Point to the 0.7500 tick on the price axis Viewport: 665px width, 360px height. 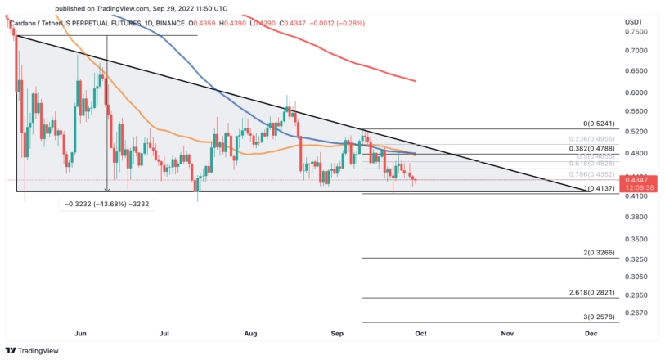(x=636, y=31)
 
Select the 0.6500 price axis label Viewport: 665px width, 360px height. (x=636, y=71)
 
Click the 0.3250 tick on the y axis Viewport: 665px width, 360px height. (x=636, y=259)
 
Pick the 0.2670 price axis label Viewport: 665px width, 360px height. (x=636, y=313)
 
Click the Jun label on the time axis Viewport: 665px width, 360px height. (x=80, y=334)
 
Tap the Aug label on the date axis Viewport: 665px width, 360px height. (x=251, y=334)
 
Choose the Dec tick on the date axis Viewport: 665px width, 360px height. (x=590, y=334)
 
